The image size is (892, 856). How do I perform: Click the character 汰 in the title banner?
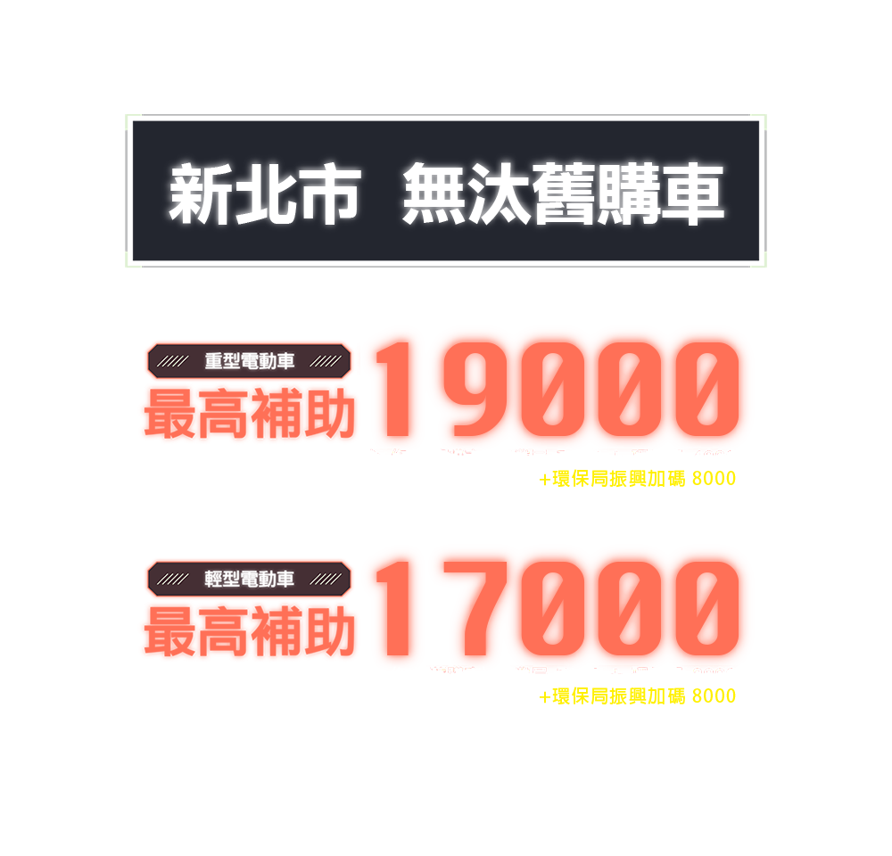pyautogui.click(x=502, y=193)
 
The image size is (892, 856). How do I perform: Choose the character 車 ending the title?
pyautogui.click(x=693, y=193)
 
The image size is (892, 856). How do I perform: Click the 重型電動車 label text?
pyautogui.click(x=250, y=361)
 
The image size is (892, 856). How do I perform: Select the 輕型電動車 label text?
pyautogui.click(x=250, y=579)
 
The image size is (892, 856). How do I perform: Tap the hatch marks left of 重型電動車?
pyautogui.click(x=172, y=361)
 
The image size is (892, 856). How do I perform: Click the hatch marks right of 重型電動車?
pyautogui.click(x=327, y=361)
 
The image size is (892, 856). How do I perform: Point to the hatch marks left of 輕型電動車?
pyautogui.click(x=172, y=579)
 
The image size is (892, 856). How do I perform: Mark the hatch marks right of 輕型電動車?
pyautogui.click(x=327, y=579)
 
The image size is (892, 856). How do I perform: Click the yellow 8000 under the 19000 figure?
pyautogui.click(x=714, y=479)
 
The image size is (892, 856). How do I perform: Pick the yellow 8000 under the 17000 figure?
pyautogui.click(x=714, y=696)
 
